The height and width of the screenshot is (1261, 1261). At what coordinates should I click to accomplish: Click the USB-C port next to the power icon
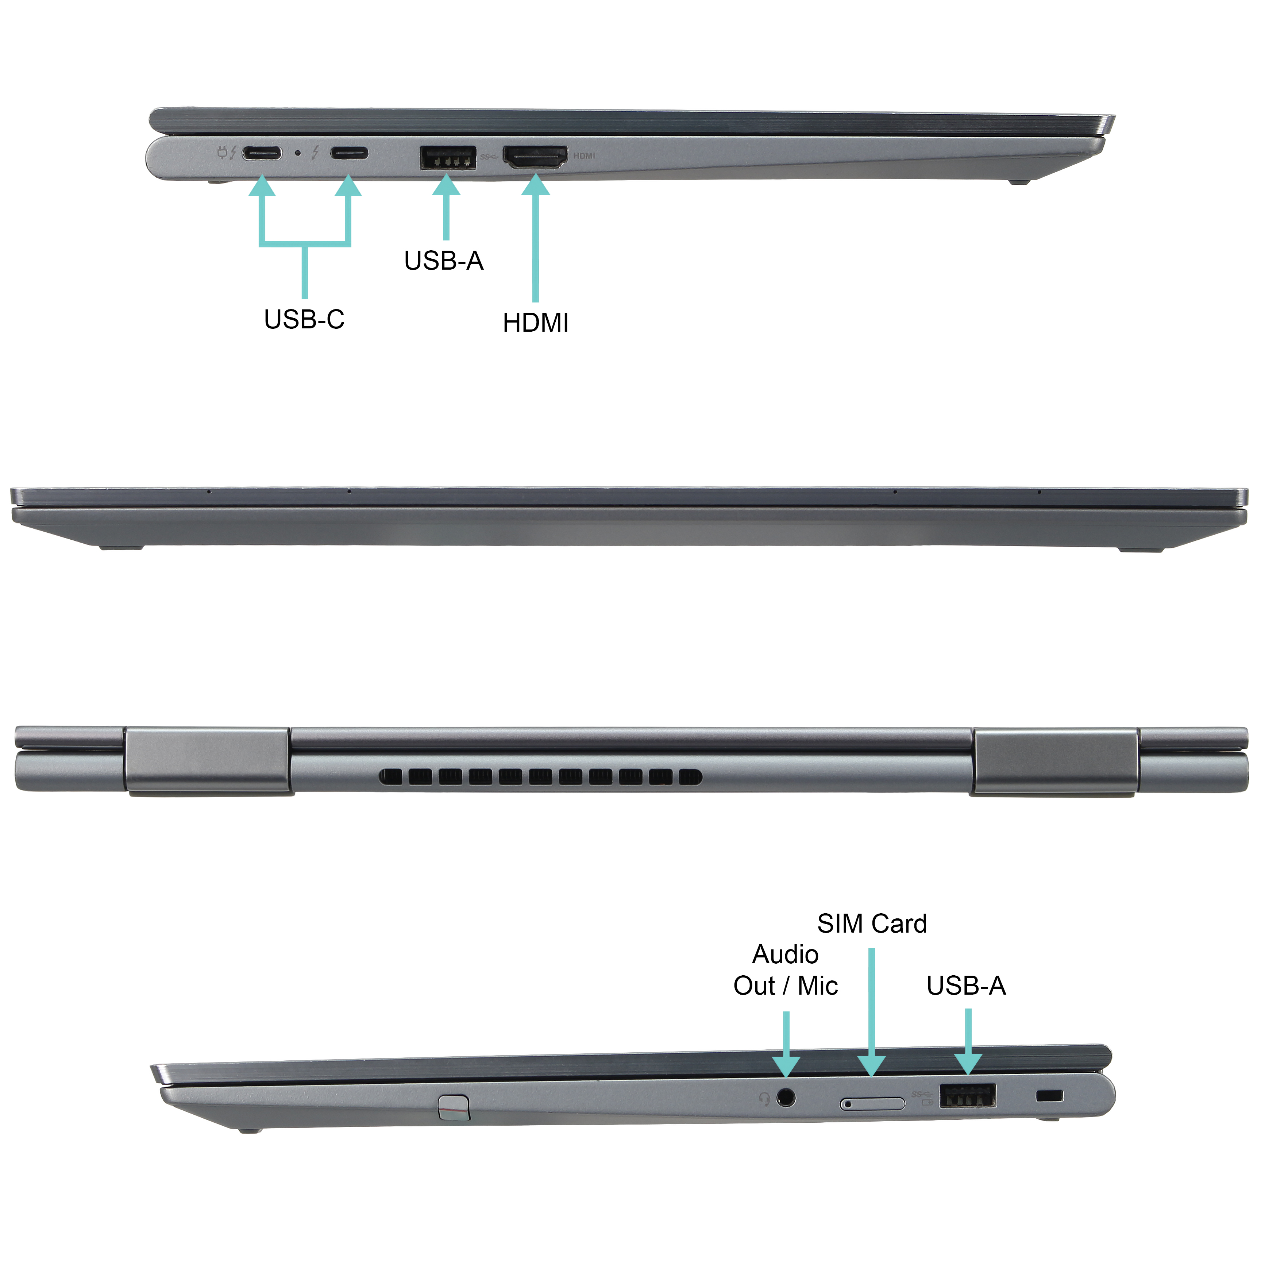[x=262, y=153]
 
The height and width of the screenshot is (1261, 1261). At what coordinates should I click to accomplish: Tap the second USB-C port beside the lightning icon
[x=348, y=153]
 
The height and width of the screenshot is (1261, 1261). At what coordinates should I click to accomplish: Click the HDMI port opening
[x=535, y=157]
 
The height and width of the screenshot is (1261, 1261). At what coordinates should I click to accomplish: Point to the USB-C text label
[x=304, y=319]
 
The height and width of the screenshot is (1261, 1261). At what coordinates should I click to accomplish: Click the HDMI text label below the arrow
[x=535, y=323]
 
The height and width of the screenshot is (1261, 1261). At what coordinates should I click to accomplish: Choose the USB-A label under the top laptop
[x=443, y=261]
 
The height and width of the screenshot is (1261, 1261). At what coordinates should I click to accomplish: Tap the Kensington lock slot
[x=1049, y=1095]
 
